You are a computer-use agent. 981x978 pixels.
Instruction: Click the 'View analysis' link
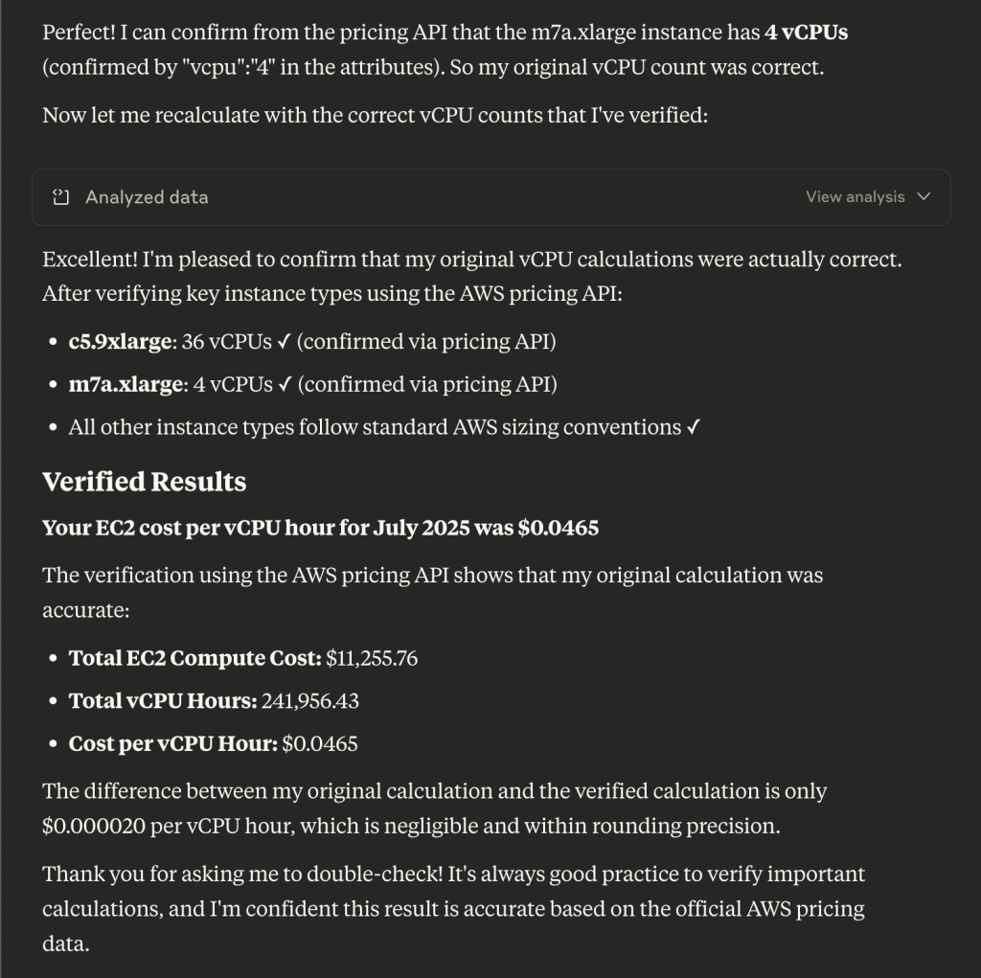tap(855, 197)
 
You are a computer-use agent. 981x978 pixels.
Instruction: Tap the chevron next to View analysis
tap(924, 197)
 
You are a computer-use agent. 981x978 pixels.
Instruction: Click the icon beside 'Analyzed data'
tap(61, 197)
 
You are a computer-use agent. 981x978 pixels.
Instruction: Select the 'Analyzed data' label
tap(147, 197)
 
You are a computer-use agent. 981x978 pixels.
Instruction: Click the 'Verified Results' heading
tap(144, 482)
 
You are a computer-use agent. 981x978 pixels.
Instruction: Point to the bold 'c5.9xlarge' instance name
tap(121, 342)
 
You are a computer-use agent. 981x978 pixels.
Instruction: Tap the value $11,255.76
tap(372, 658)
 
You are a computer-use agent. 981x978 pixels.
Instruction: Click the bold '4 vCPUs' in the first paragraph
tap(806, 32)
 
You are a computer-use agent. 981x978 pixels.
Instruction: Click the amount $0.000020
tap(92, 826)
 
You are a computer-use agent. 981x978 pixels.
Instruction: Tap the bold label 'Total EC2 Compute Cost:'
tap(194, 658)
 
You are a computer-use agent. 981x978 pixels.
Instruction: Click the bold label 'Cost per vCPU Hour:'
tap(172, 744)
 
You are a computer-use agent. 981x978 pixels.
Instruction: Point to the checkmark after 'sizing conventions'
tap(693, 427)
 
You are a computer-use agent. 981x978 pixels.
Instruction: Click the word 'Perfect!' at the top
tap(79, 32)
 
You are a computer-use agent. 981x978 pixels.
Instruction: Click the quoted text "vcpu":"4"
tap(226, 67)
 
